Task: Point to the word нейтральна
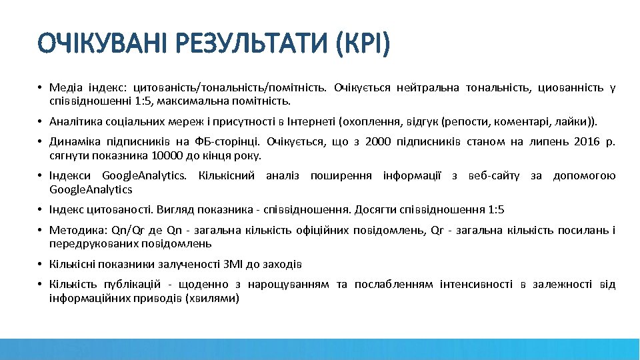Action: [429, 87]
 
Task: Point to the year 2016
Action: [581, 142]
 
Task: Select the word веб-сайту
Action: [494, 176]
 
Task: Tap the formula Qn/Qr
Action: [127, 231]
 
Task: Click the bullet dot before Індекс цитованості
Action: [41, 210]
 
